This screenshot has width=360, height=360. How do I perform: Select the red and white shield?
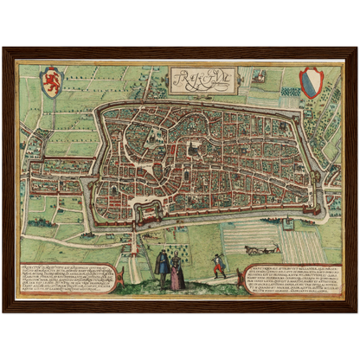(x=309, y=82)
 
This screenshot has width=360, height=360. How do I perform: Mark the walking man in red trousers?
(x=220, y=265)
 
